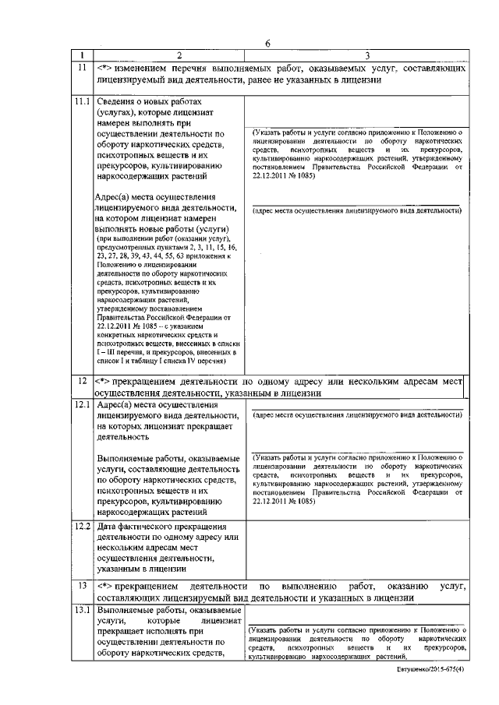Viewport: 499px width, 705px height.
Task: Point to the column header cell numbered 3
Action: (356, 55)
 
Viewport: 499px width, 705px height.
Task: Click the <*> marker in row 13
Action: (106, 585)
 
